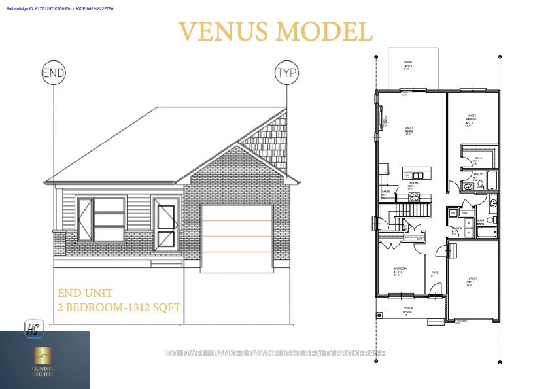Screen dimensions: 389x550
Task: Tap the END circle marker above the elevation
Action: coord(54,73)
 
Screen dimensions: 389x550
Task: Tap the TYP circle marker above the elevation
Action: coord(286,73)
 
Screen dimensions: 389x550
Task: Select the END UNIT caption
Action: coord(85,293)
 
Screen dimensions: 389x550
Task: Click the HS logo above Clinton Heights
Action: coord(31,326)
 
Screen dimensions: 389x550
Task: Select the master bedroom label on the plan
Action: coord(471,120)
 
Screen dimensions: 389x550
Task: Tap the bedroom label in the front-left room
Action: coord(400,271)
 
